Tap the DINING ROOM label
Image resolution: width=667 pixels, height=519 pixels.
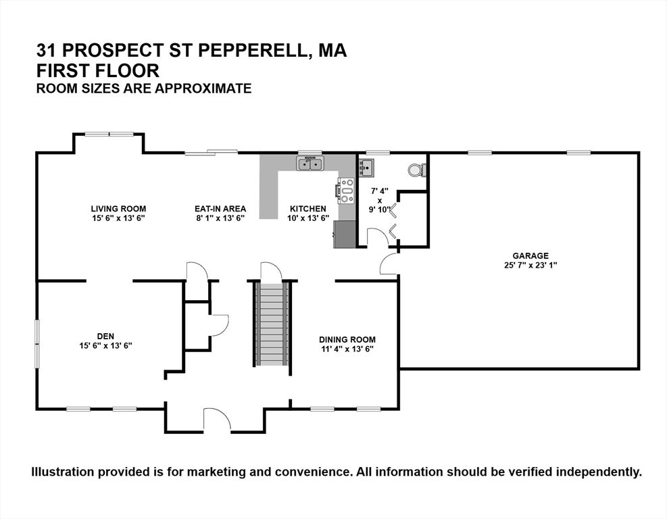click(x=347, y=339)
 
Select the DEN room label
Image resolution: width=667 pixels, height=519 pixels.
click(x=105, y=335)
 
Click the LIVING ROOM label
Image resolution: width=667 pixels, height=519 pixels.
click(x=119, y=208)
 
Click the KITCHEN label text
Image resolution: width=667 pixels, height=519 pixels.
click(x=308, y=208)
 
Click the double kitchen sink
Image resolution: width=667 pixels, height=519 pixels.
click(x=311, y=163)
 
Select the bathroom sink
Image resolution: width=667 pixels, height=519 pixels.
click(x=367, y=167)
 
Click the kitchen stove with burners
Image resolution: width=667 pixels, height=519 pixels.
click(x=346, y=191)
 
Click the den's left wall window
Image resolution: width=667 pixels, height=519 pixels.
click(x=37, y=345)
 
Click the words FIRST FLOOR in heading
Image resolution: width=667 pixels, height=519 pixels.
click(x=99, y=70)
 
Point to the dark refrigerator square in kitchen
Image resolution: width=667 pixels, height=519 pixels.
click(x=345, y=234)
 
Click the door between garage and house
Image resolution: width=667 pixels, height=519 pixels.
click(x=390, y=264)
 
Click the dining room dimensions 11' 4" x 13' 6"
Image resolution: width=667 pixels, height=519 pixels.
click(x=347, y=349)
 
